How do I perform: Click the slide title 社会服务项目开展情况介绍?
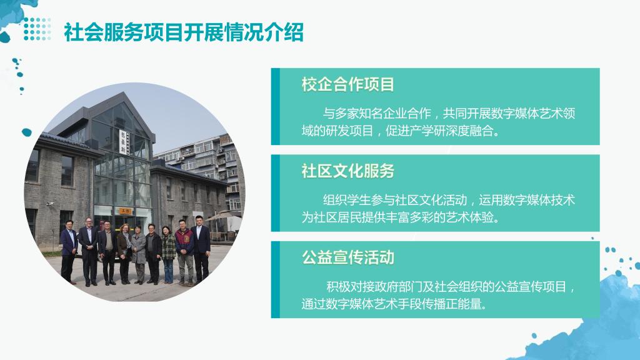tap(184, 32)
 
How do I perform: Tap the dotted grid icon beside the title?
tap(37, 29)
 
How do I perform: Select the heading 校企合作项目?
tap(347, 84)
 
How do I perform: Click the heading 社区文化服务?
tap(347, 171)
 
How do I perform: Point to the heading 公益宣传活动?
tap(347, 257)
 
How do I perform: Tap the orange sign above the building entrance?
tap(125, 211)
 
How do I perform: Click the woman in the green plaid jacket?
tap(168, 255)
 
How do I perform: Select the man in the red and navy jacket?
tap(184, 252)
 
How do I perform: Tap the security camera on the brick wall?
tap(51, 203)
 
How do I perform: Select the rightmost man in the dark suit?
tap(201, 249)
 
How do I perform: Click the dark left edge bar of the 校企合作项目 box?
tap(276, 106)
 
